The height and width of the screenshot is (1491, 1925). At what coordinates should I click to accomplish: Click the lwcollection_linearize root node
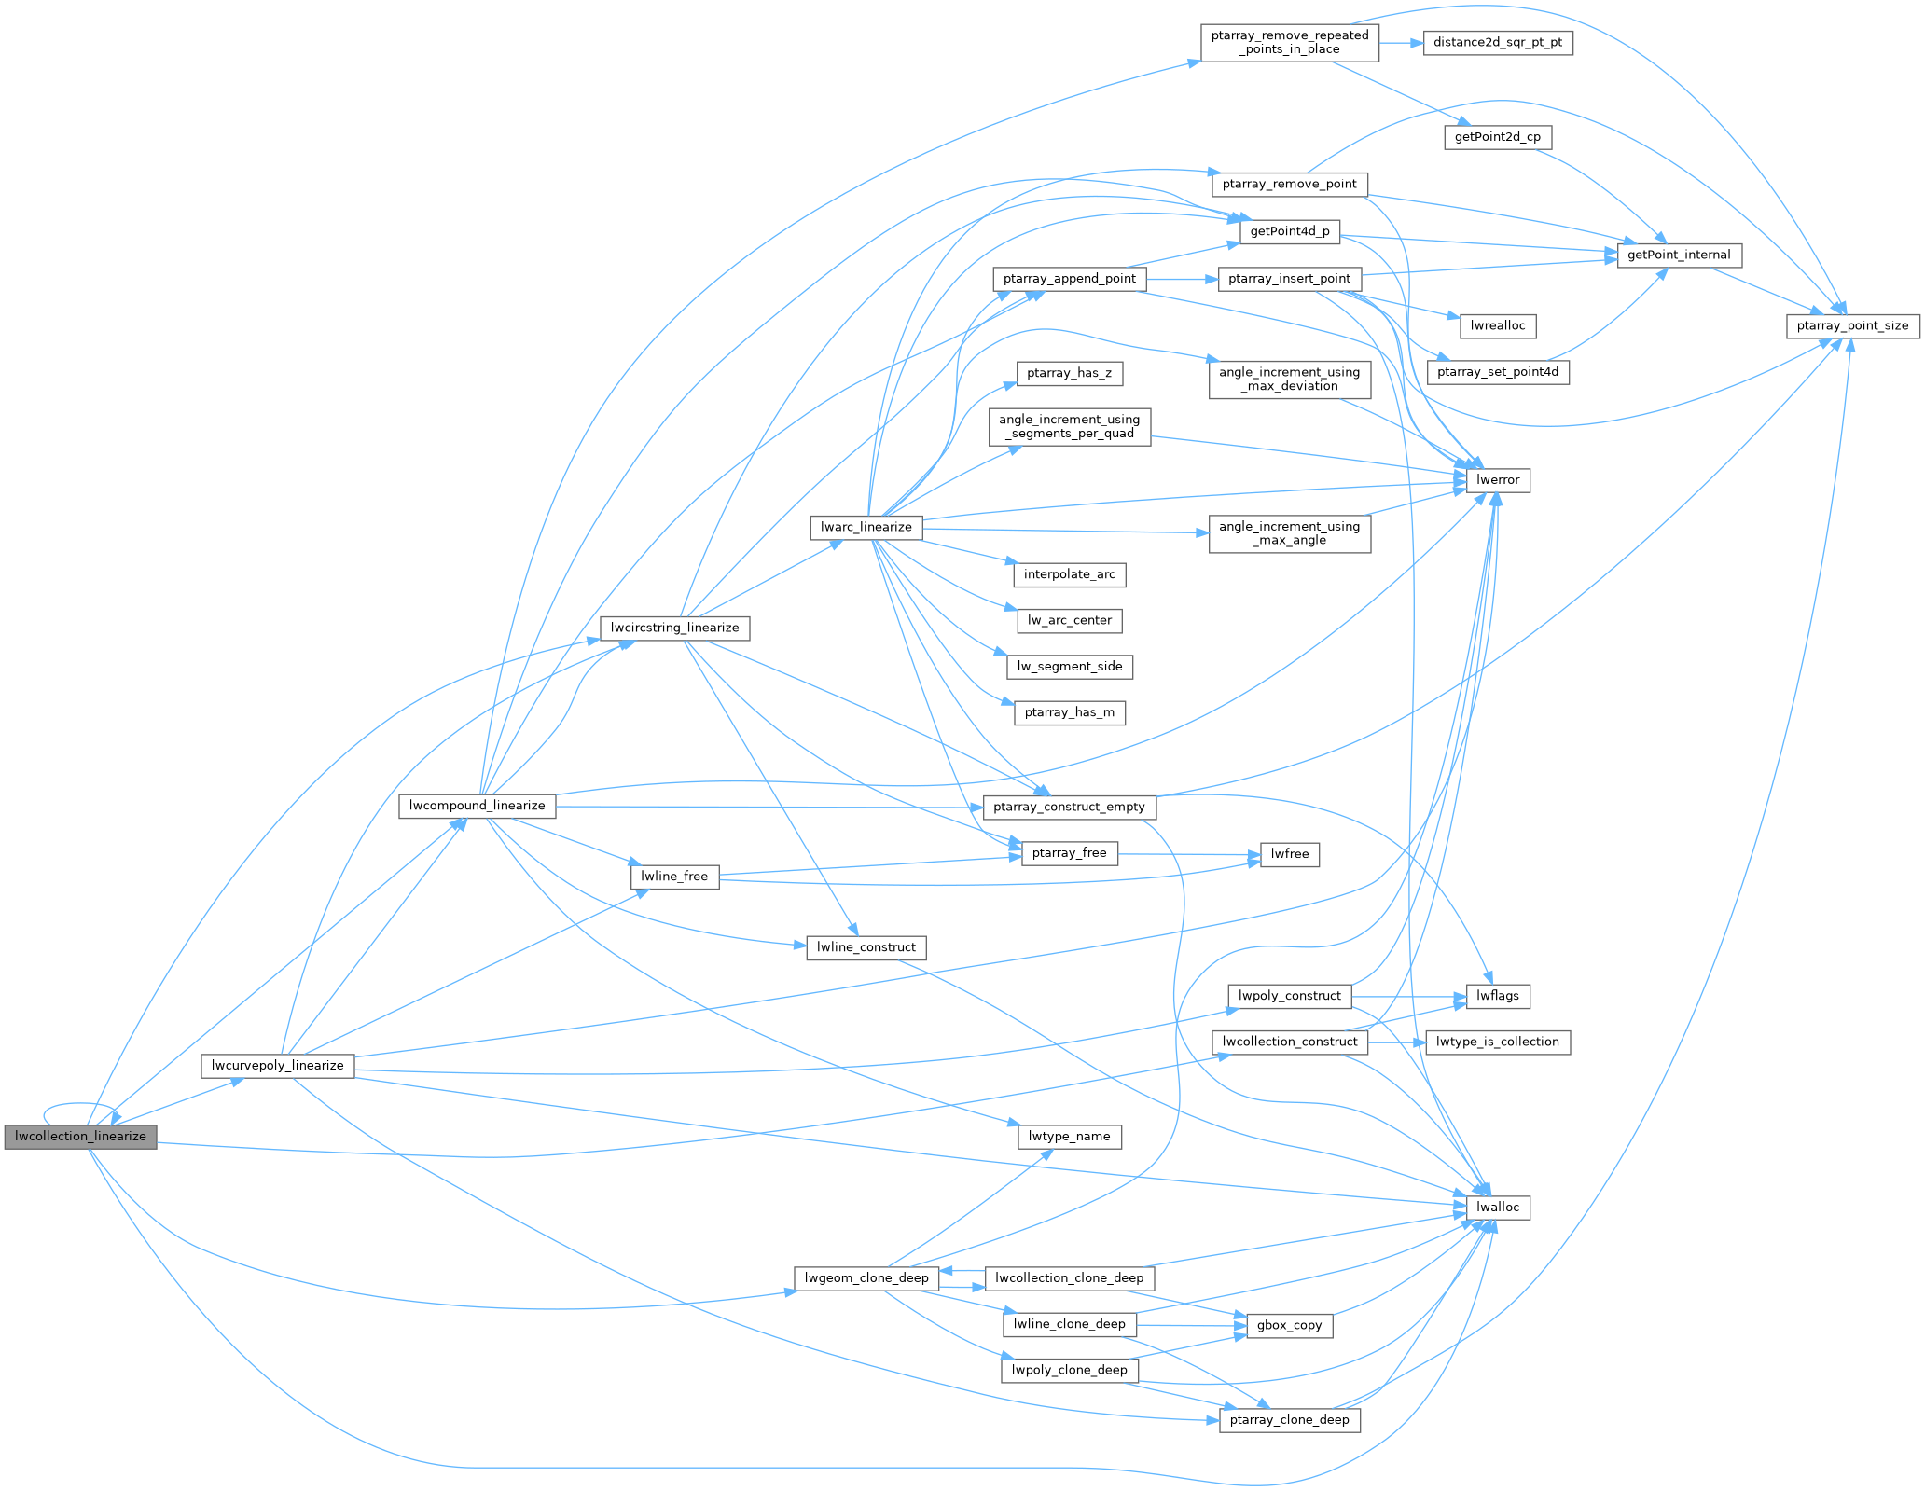pos(80,1137)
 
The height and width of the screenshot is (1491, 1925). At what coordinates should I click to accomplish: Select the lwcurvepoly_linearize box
pos(277,1066)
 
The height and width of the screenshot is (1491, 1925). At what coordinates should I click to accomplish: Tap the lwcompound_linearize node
pos(477,806)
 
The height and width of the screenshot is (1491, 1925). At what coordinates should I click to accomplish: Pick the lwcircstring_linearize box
pos(674,628)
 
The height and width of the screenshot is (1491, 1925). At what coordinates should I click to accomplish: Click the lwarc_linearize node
pos(866,528)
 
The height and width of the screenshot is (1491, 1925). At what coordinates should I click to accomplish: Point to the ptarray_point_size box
pos(1852,325)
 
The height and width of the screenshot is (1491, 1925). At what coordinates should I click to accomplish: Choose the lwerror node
pos(1498,480)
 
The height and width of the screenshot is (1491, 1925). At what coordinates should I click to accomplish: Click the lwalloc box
pos(1498,1208)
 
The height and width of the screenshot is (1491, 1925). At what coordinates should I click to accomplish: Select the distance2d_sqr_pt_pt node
pos(1497,43)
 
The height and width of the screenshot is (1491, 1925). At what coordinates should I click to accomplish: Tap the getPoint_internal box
pos(1678,255)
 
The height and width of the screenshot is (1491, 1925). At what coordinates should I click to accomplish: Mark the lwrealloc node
pos(1497,325)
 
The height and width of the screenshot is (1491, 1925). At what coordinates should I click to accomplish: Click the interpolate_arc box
pos(1069,574)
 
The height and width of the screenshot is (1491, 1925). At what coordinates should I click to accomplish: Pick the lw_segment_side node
pos(1069,667)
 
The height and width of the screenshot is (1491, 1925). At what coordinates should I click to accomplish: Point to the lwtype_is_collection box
pos(1497,1042)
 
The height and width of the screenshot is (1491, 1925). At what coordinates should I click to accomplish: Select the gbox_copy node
pos(1289,1325)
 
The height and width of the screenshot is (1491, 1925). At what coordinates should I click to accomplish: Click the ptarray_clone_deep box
pos(1289,1420)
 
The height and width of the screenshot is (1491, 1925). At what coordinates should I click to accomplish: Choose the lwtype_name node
pos(1069,1137)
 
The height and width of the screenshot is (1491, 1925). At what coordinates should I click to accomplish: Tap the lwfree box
pos(1289,854)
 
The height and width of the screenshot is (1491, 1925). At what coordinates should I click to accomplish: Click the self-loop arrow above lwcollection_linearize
pos(79,1105)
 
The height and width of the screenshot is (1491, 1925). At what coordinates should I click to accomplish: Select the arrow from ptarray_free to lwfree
pos(1189,854)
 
